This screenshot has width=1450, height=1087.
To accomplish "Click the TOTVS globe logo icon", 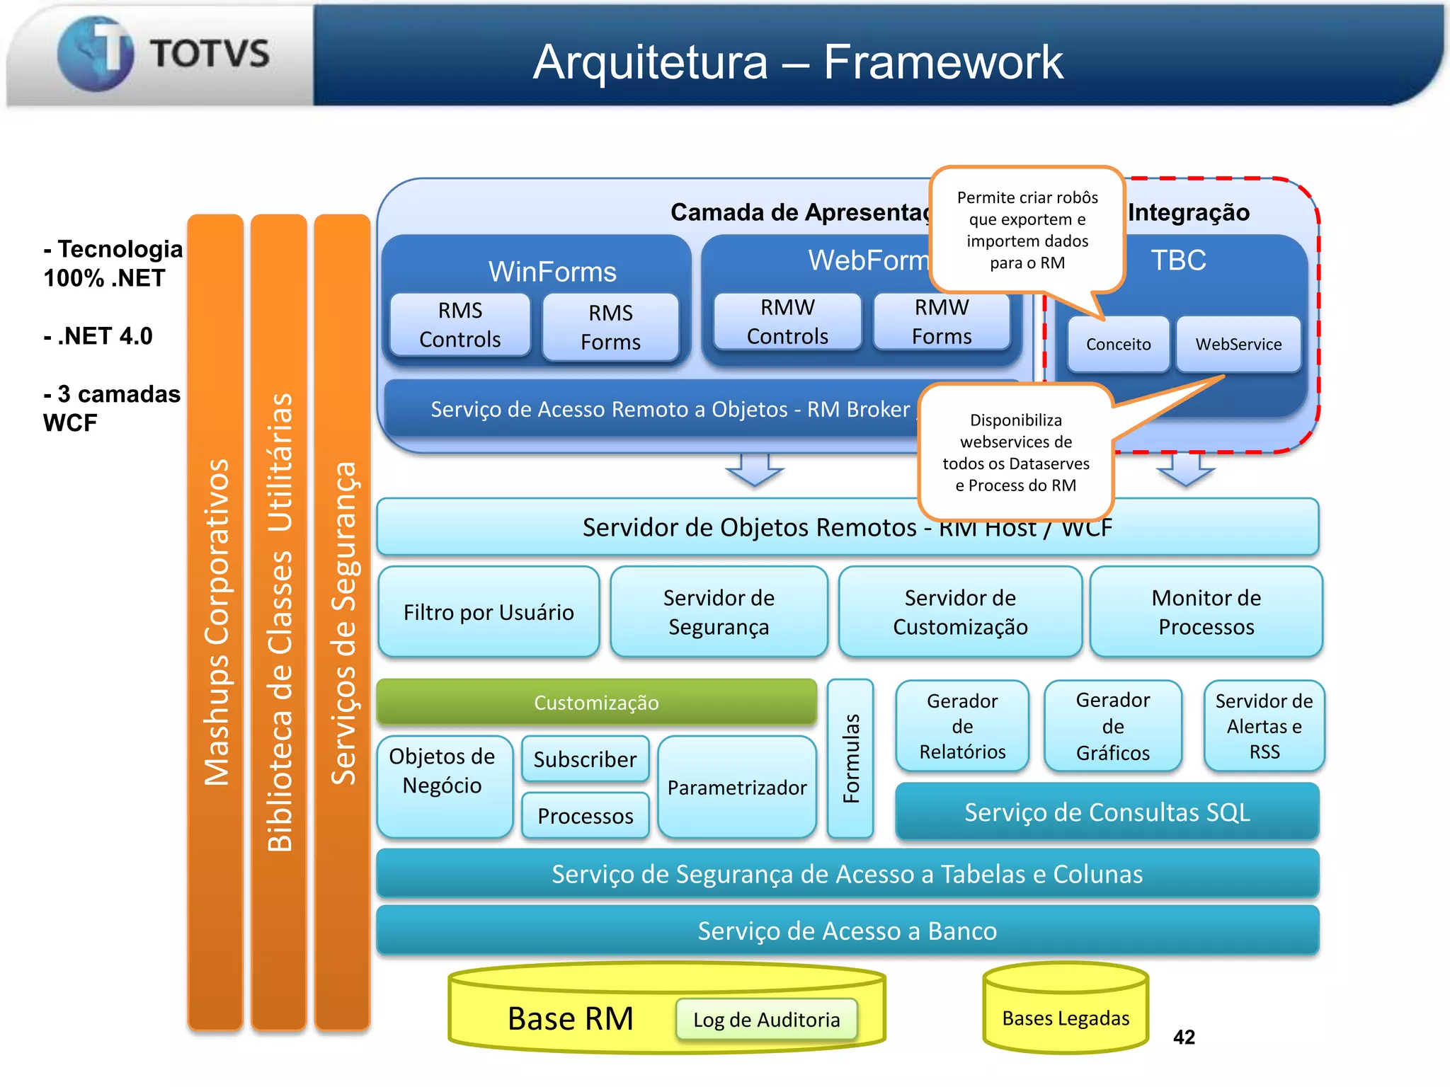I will coord(96,54).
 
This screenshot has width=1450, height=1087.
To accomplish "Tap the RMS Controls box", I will coord(460,325).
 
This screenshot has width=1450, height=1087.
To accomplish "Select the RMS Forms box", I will coord(610,327).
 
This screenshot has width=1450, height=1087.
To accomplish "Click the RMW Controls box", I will coord(787,322).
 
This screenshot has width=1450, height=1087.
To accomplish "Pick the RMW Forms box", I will coord(942,322).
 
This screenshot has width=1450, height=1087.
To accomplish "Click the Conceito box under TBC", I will coord(1118,344).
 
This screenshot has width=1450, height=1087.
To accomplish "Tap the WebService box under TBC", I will coord(1238,344).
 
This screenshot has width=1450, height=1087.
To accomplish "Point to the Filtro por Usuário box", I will coord(489,612).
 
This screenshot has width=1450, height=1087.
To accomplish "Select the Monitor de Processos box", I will coord(1206,612).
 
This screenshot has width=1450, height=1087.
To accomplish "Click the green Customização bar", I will coord(596,702).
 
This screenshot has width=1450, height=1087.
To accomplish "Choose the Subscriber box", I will coord(585,759).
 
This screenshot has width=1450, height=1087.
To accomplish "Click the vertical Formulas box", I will coord(850,759).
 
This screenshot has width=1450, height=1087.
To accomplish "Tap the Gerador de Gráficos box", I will coord(1112,726).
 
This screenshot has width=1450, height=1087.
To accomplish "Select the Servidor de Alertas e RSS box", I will coord(1264,726).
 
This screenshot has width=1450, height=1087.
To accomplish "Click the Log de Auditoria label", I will coord(766,1020).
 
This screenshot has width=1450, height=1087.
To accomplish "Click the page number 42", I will coord(1184,1037).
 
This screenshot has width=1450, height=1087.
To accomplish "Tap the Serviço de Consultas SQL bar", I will coord(1107,812).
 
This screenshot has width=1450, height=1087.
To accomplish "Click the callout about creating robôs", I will coord(1027,230).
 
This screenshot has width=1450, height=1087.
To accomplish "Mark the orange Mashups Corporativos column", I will coord(216,623).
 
